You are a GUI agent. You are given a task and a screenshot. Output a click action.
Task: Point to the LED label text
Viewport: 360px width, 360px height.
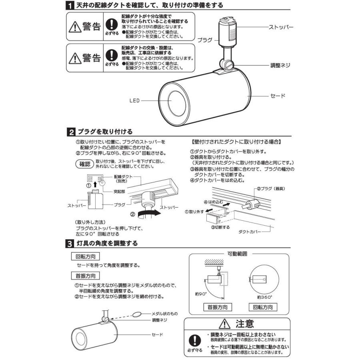pyautogui.click(x=134, y=101)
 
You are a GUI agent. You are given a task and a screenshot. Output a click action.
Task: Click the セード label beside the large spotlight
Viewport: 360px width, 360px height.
pyautogui.click(x=278, y=96)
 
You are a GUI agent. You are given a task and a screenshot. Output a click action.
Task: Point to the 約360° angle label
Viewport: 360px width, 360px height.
pyautogui.click(x=264, y=297)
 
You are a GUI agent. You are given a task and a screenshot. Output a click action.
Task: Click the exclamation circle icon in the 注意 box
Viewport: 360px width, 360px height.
pyautogui.click(x=195, y=339)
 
